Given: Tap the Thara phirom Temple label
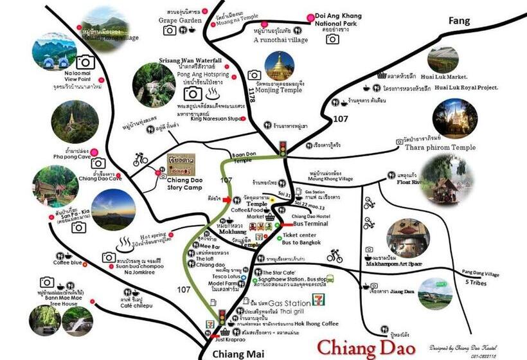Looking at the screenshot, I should tap(440, 147).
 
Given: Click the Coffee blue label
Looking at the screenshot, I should tap(67, 262).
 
